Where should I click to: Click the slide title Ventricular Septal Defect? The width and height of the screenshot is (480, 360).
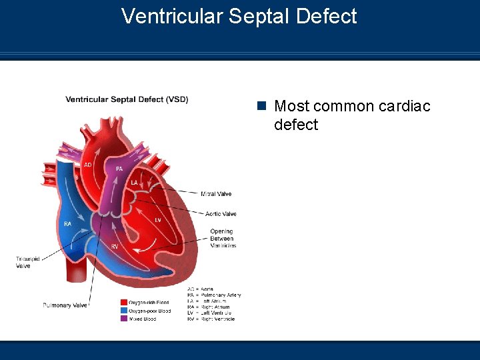[x=239, y=16]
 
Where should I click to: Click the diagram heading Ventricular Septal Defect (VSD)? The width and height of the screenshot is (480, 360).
[x=127, y=99]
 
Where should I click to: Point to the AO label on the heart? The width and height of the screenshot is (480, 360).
[x=88, y=165]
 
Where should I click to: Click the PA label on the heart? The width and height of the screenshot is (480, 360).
[x=119, y=169]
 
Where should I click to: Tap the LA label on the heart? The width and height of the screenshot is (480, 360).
[x=134, y=182]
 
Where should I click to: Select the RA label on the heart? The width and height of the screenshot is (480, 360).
[x=67, y=224]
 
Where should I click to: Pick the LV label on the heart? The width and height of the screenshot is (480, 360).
[x=158, y=219]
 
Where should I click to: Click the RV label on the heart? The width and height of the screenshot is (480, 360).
[x=115, y=247]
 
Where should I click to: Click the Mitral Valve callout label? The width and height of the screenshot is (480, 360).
[x=216, y=194]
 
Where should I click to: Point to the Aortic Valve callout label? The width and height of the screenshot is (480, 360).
[x=221, y=214]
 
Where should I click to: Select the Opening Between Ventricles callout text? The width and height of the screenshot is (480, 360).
[x=223, y=239]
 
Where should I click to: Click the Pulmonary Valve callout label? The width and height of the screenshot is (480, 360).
[x=65, y=305]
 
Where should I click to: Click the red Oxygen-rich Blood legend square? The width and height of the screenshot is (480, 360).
[x=124, y=303]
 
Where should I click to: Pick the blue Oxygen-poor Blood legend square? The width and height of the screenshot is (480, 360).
[x=124, y=311]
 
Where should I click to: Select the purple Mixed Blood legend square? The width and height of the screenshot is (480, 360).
[x=124, y=319]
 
